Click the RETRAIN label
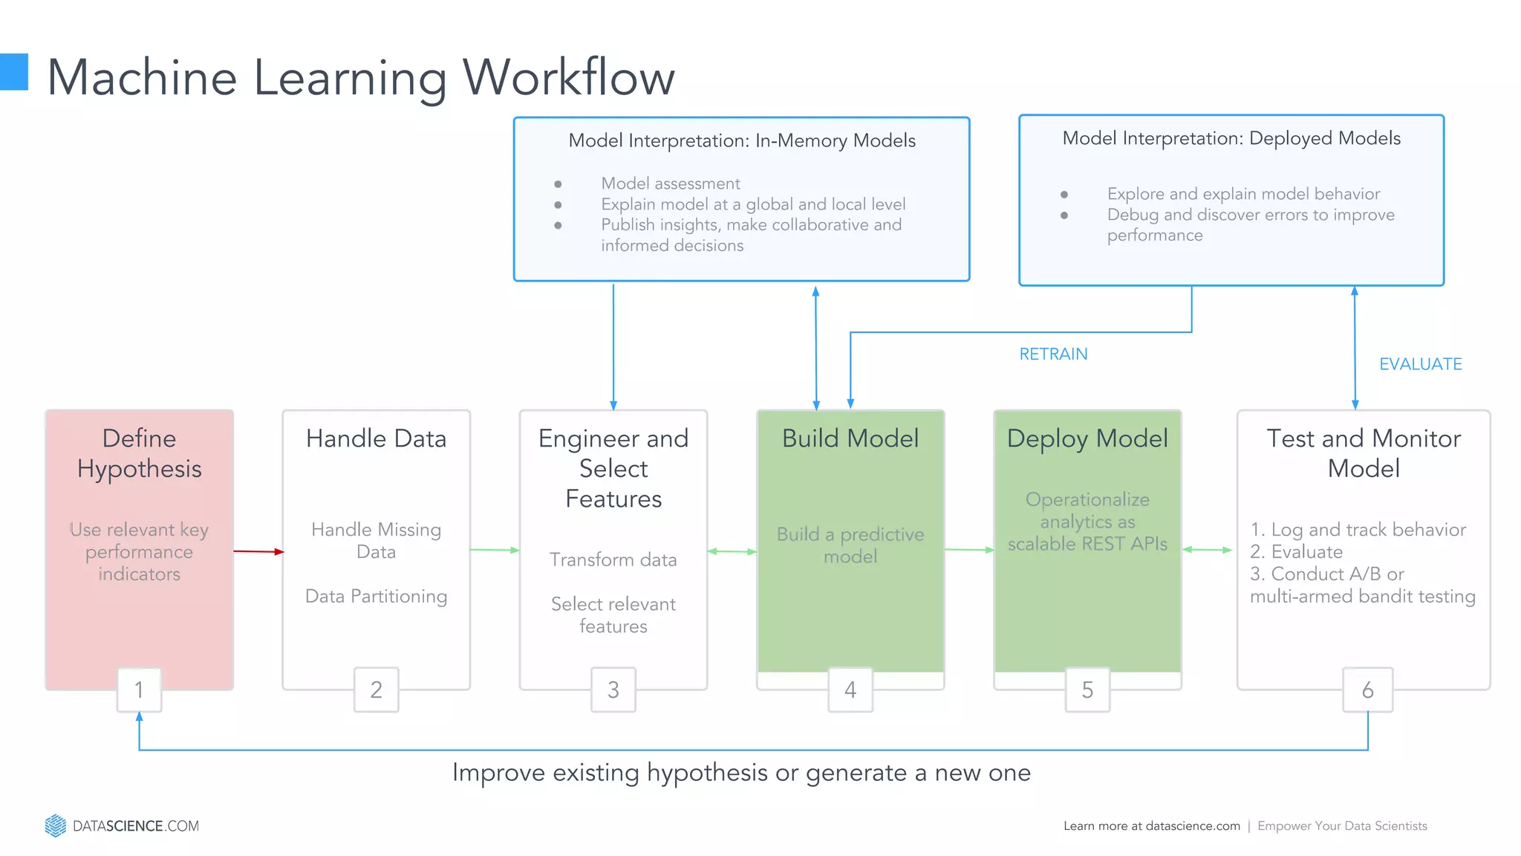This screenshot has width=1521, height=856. click(x=1052, y=354)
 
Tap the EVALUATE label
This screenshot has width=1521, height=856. click(x=1420, y=364)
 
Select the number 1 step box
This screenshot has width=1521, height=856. click(x=139, y=690)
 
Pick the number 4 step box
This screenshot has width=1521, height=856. click(x=850, y=690)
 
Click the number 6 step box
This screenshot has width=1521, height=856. click(x=1367, y=690)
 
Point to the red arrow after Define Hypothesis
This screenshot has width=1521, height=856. click(x=258, y=551)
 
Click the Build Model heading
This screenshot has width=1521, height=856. click(x=850, y=438)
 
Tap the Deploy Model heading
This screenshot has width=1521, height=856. click(x=1087, y=438)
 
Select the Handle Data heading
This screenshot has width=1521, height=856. click(x=376, y=438)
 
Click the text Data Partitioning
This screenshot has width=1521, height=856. click(x=376, y=596)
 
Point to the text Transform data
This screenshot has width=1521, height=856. click(x=613, y=560)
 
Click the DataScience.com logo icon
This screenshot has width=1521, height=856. click(x=56, y=826)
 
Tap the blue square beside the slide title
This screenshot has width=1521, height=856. click(x=13, y=72)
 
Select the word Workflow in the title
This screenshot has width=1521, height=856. click(x=568, y=77)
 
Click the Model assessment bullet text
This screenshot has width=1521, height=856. click(x=670, y=184)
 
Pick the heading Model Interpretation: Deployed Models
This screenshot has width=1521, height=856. click(x=1231, y=138)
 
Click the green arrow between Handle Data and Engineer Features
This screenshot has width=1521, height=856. click(x=495, y=550)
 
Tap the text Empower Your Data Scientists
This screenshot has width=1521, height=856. click(x=1342, y=826)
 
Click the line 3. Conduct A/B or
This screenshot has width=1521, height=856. click(x=1326, y=574)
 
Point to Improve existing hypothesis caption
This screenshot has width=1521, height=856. click(x=741, y=773)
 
